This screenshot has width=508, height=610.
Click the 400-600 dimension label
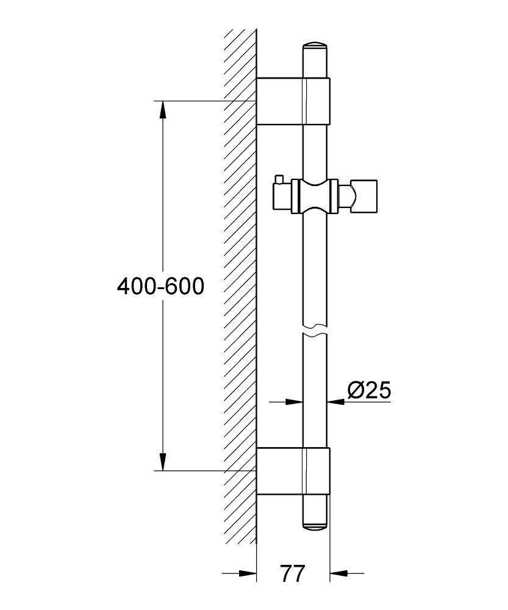160,286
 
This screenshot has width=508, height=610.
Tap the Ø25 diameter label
369,390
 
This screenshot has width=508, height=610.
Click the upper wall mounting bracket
293,101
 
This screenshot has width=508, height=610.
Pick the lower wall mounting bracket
293,471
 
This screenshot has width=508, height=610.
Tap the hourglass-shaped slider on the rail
315,197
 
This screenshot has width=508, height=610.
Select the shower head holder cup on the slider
364,197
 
